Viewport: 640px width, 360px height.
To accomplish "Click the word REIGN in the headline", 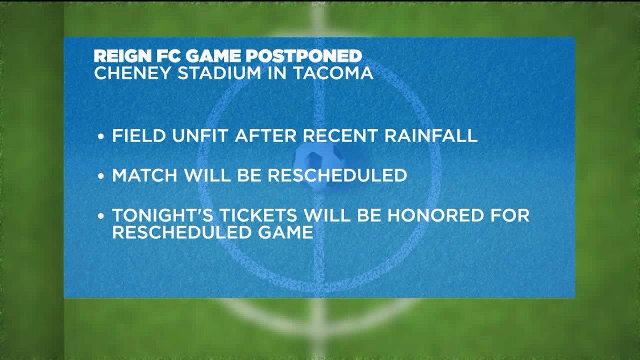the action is coord(120,56).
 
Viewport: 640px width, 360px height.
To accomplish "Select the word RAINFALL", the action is coord(431,136).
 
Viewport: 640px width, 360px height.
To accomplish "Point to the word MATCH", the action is coord(145,175).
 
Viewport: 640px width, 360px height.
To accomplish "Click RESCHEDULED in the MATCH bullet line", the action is coord(338,175).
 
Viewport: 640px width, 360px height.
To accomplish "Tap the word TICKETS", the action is coord(258,215).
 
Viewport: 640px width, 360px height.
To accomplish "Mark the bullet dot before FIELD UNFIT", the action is coord(101,137).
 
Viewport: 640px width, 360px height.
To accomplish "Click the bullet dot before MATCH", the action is coord(101,176).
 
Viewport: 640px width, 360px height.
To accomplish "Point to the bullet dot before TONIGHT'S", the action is coord(101,216).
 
